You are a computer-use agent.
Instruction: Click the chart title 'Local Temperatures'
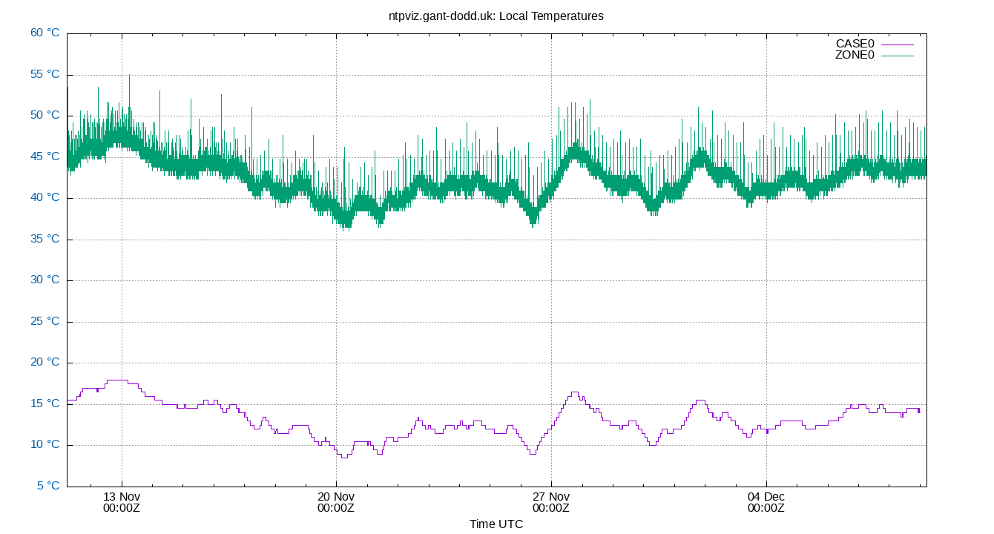point(496,16)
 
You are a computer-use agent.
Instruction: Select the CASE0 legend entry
point(855,44)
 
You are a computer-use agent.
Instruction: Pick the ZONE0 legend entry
point(855,55)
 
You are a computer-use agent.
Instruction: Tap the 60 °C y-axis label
point(45,33)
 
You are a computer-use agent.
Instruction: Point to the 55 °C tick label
point(45,74)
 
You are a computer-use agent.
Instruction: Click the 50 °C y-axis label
point(45,115)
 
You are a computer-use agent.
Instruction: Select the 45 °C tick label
point(45,156)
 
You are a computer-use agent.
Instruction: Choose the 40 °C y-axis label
point(45,197)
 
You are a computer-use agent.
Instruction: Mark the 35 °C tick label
point(45,239)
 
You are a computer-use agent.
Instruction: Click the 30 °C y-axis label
point(45,280)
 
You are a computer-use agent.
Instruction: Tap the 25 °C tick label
point(45,321)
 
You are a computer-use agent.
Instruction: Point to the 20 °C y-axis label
point(45,363)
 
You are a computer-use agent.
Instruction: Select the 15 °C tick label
point(45,403)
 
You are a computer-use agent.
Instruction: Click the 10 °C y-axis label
point(45,445)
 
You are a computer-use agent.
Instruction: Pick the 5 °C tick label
point(47,486)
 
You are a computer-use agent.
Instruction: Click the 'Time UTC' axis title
point(496,524)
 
